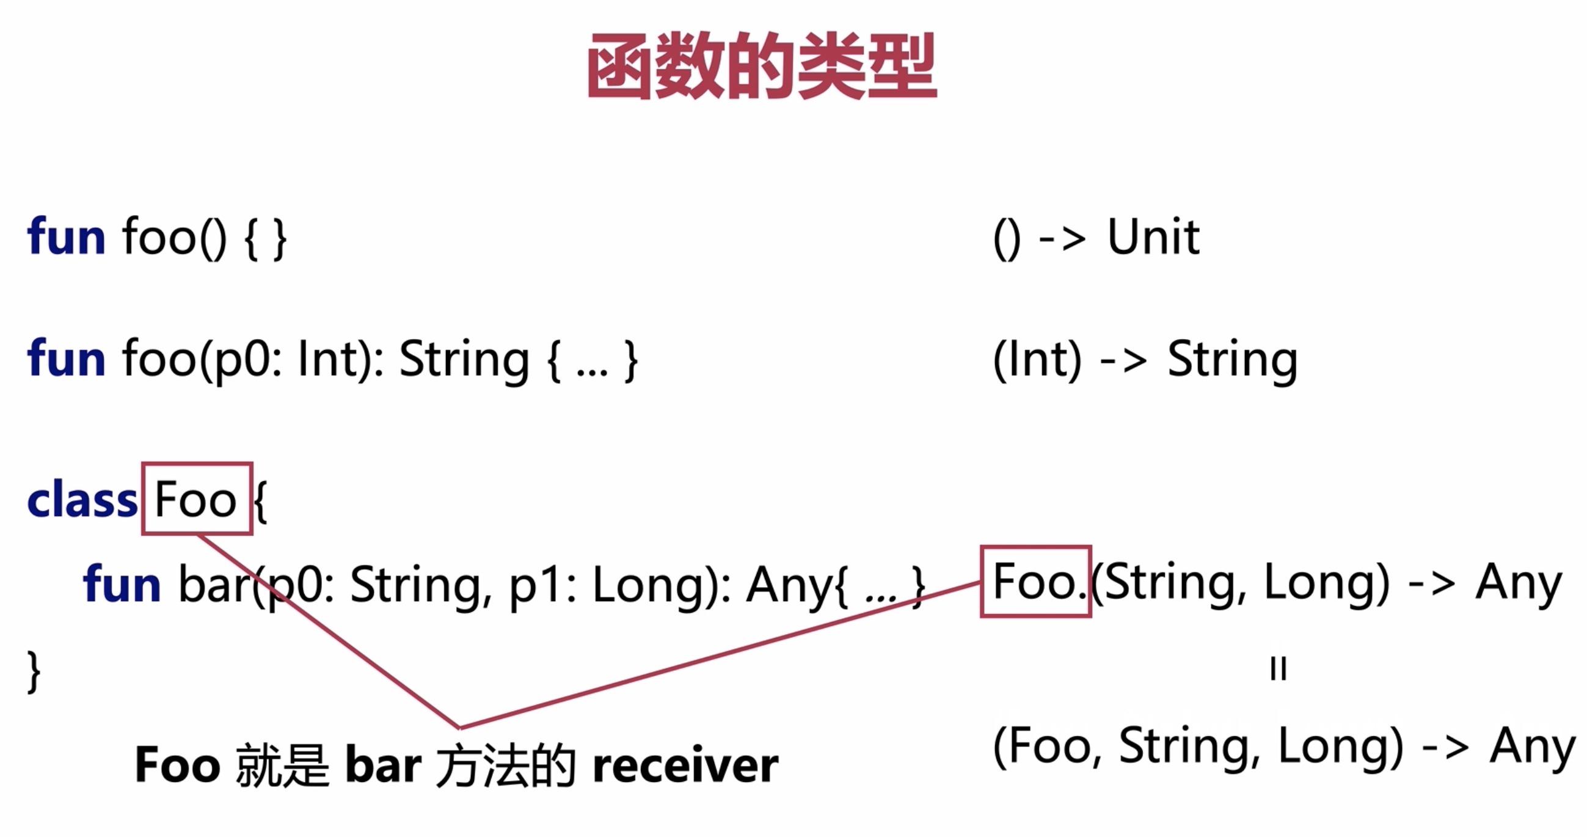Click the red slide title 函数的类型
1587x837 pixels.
[x=762, y=66]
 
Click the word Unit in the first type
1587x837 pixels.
[x=1153, y=237]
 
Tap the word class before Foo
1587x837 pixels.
[x=82, y=500]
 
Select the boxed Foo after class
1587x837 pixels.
[x=196, y=499]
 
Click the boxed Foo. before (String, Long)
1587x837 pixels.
[x=1036, y=582]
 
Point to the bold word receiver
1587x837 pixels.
[x=685, y=766]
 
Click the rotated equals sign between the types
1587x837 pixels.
[x=1279, y=668]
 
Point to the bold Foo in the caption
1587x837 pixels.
[x=177, y=766]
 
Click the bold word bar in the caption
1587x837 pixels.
[x=383, y=766]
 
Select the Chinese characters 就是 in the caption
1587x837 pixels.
[x=282, y=766]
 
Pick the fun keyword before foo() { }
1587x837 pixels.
[x=66, y=237]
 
